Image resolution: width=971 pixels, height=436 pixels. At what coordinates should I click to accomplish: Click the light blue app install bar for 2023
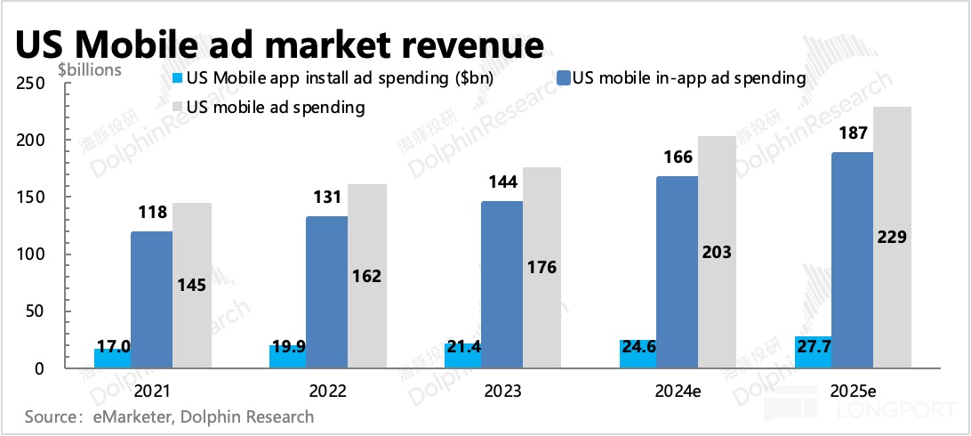(462, 356)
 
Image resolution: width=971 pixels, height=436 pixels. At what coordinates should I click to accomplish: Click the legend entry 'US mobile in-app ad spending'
(689, 78)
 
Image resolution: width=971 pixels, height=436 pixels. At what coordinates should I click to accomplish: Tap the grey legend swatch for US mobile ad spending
(176, 108)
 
